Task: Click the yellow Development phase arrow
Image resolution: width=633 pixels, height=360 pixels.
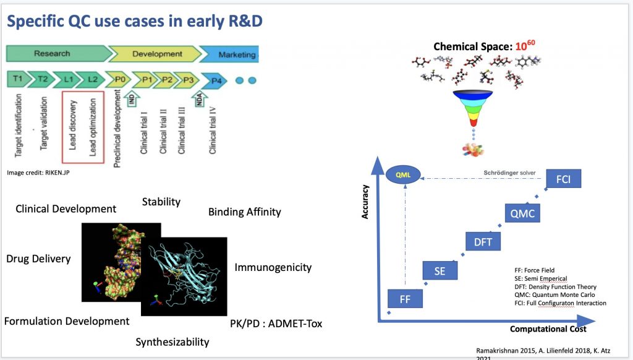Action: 155,54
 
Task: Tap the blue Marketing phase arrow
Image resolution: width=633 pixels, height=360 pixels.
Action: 230,54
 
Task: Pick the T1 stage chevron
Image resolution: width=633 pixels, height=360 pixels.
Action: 19,79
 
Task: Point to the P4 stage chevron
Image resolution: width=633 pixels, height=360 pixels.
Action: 215,81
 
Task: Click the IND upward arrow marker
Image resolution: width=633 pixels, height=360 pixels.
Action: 132,99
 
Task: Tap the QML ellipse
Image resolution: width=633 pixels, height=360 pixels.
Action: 403,175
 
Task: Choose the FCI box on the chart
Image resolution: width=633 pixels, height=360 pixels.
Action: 564,179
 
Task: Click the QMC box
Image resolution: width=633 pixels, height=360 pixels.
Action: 522,213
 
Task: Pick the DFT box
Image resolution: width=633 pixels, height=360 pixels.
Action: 483,242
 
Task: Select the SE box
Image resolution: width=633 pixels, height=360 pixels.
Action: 440,271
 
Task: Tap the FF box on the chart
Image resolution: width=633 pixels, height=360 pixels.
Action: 405,299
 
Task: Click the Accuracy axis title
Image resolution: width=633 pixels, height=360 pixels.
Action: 365,202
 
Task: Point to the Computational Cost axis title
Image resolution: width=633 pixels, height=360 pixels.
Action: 548,329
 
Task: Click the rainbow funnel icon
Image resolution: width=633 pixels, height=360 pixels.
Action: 473,108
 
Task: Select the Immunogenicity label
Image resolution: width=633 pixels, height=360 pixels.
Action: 273,267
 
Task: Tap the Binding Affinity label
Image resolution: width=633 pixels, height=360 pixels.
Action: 245,212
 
